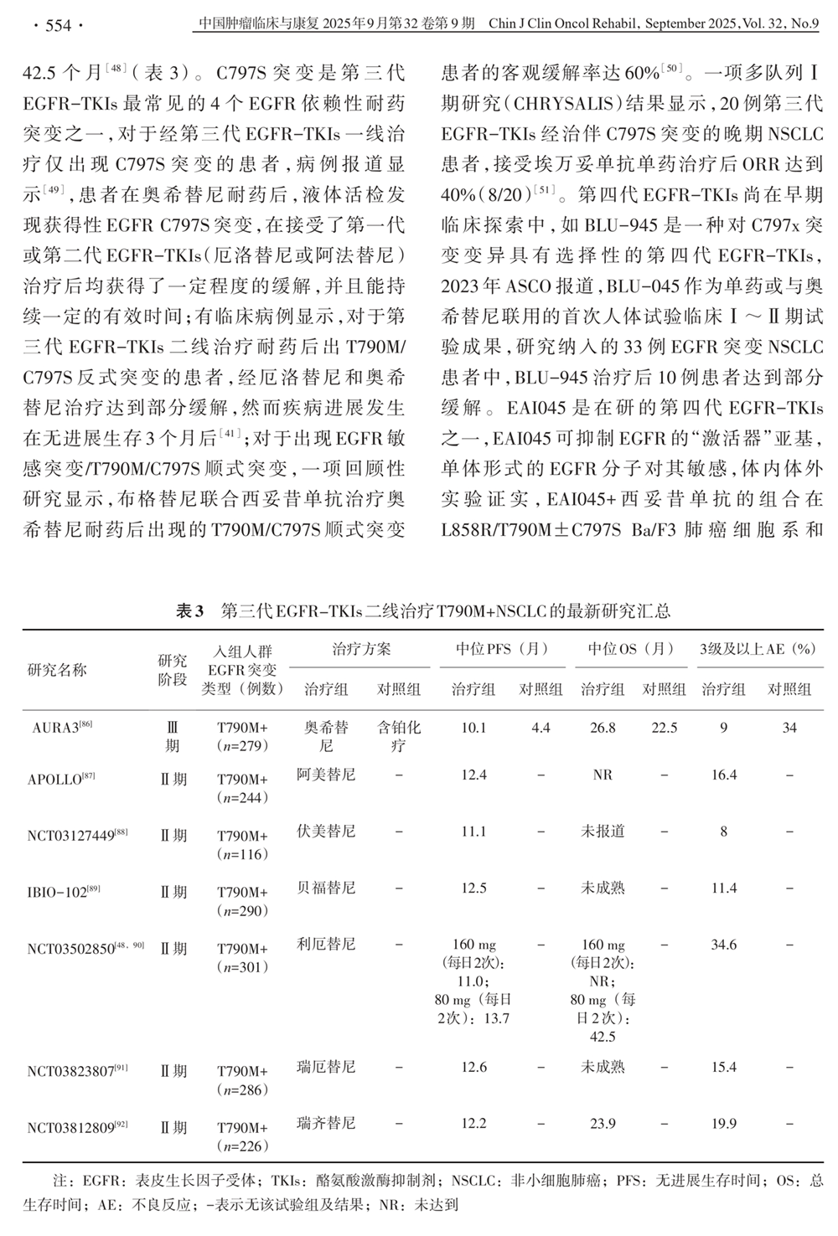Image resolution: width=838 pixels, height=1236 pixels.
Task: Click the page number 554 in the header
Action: pos(57,25)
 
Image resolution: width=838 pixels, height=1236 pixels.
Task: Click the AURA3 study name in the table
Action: pos(55,728)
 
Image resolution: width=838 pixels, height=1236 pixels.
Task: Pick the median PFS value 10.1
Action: pos(473,728)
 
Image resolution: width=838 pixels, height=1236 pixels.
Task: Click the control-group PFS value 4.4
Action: pos(541,728)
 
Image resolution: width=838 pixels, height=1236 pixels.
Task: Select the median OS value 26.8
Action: pos(603,728)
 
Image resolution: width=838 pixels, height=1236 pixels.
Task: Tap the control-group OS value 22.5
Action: pos(664,728)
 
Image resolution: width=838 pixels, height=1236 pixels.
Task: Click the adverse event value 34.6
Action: pos(723,945)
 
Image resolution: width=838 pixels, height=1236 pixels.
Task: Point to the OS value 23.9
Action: pos(603,1124)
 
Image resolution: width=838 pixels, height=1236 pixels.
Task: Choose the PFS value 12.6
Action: pos(473,1067)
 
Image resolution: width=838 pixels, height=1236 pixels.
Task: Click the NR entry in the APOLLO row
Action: pos(603,775)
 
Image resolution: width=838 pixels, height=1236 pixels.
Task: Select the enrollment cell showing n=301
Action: pos(243,967)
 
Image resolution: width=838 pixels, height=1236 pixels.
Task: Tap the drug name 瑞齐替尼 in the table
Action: pos(326,1123)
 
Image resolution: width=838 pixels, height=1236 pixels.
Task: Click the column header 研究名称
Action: pos(57,670)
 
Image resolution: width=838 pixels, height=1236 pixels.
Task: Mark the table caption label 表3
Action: pos(189,611)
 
